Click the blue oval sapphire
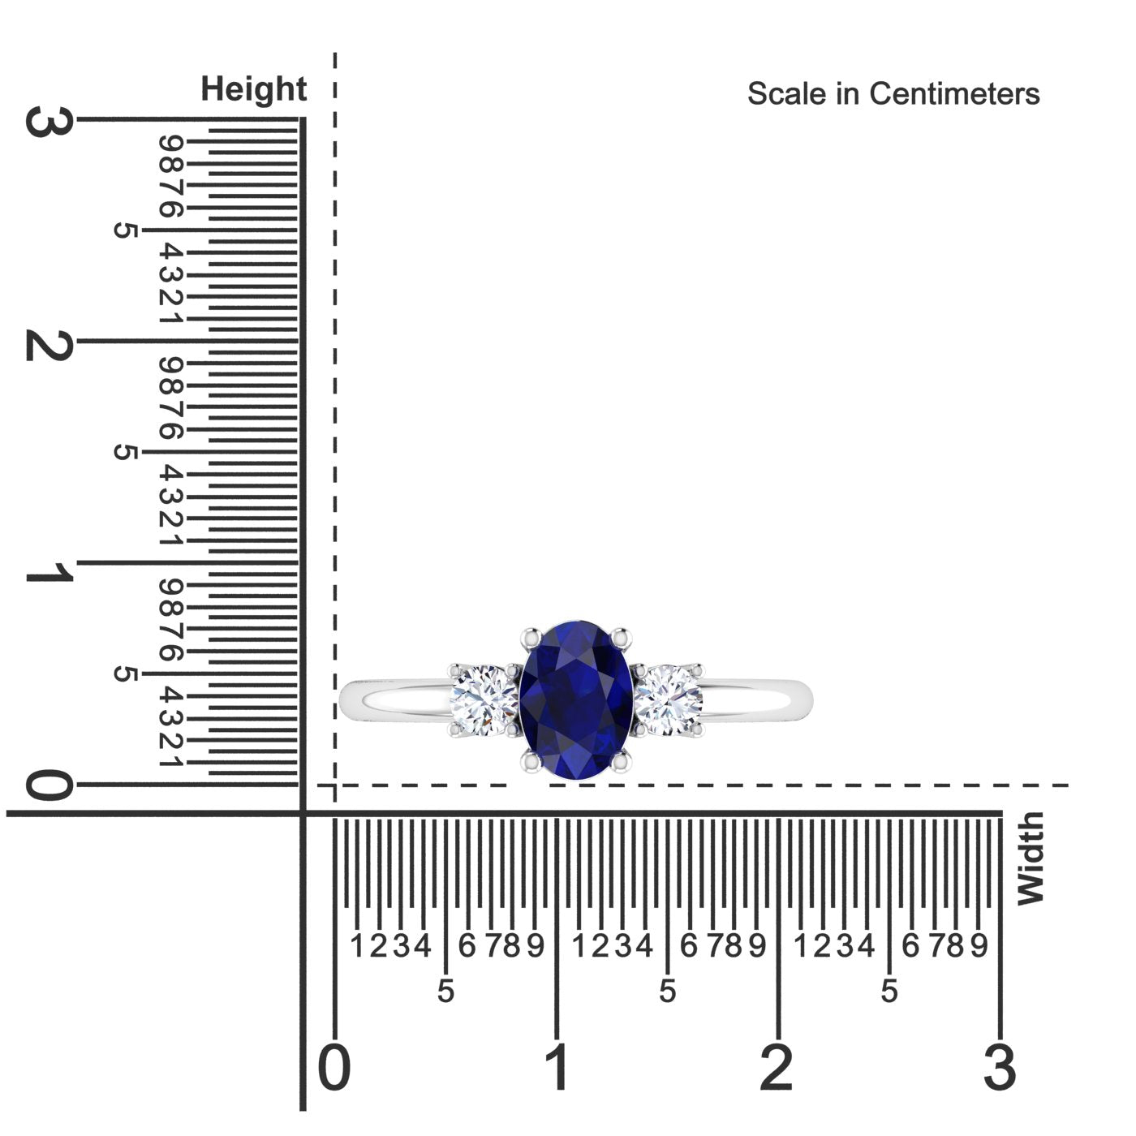[x=576, y=699]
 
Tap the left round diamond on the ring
[x=484, y=700]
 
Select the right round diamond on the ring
[x=669, y=700]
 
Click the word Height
[x=253, y=89]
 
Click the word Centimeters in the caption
[x=954, y=94]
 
